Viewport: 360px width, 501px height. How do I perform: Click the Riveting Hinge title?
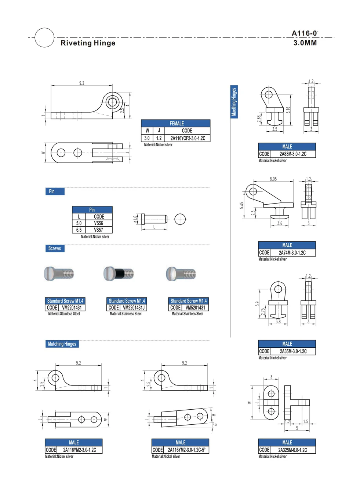pos(88,43)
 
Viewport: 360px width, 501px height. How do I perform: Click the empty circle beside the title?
pos(44,37)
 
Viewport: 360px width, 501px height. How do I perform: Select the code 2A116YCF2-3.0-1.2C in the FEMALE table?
pos(188,138)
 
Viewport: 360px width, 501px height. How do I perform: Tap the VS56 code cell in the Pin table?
pos(99,223)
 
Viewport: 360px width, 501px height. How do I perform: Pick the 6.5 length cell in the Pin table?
pos(79,230)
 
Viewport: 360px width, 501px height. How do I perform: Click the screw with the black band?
pos(119,274)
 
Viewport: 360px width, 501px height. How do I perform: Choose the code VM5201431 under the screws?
pos(195,308)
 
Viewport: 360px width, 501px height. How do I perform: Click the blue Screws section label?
pos(55,248)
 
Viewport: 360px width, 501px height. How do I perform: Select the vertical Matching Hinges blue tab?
pos(234,102)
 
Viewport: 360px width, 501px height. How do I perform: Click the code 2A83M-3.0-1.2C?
pos(292,154)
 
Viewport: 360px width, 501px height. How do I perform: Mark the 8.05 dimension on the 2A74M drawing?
pos(273,179)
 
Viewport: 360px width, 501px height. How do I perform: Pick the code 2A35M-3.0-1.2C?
pos(293,351)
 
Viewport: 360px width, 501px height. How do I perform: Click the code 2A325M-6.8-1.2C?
pos(292,450)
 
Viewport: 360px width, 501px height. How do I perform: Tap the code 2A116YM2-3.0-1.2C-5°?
pos(186,450)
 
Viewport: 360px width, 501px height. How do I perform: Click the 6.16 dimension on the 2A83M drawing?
pos(288,110)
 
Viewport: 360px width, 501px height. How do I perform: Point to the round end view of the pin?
pos(180,219)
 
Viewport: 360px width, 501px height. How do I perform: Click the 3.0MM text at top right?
pos(305,43)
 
